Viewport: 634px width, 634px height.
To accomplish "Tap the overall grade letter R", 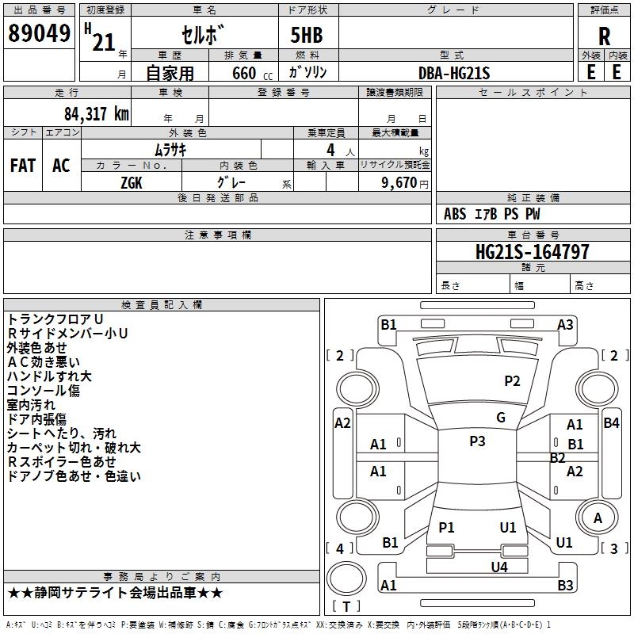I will pos(604,36).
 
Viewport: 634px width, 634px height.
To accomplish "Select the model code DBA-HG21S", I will pos(454,73).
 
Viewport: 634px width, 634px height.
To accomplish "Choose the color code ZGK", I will pos(132,181).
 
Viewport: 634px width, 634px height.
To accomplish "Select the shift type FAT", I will pos(23,165).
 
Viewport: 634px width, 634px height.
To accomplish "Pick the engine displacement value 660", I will pos(245,73).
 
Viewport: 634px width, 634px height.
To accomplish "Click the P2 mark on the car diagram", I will pos(513,381).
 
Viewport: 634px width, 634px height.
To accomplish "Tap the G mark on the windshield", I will pos(501,418).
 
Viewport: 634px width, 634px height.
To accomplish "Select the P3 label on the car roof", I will pos(477,441).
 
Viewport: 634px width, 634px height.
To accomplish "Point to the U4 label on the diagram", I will pos(498,567).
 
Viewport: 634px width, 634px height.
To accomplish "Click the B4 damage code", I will pos(611,422).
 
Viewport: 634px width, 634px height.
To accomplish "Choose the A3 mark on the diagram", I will pos(565,324).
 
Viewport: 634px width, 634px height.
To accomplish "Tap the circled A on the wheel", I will pos(598,518).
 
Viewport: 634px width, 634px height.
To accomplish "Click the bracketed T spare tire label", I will pos(346,607).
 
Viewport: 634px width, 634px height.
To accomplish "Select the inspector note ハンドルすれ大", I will pos(49,376).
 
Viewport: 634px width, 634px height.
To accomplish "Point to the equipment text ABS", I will pos(455,214).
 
